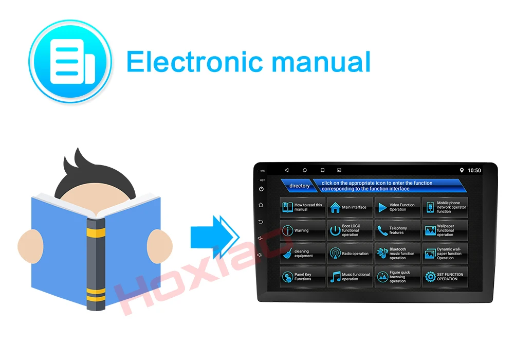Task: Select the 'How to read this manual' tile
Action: [x=302, y=207]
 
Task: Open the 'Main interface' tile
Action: [x=350, y=207]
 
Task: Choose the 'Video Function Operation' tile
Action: [x=397, y=207]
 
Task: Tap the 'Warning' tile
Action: [x=302, y=230]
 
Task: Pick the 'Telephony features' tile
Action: [x=397, y=230]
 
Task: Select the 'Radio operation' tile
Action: [x=350, y=254]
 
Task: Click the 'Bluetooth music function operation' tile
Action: [x=397, y=254]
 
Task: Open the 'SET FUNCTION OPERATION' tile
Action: [x=445, y=277]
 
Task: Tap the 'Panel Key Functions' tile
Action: [x=302, y=277]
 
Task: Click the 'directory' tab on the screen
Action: [x=299, y=186]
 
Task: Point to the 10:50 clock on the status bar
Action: [x=474, y=170]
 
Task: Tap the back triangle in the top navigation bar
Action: [x=287, y=170]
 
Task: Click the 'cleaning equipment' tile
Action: [x=302, y=254]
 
